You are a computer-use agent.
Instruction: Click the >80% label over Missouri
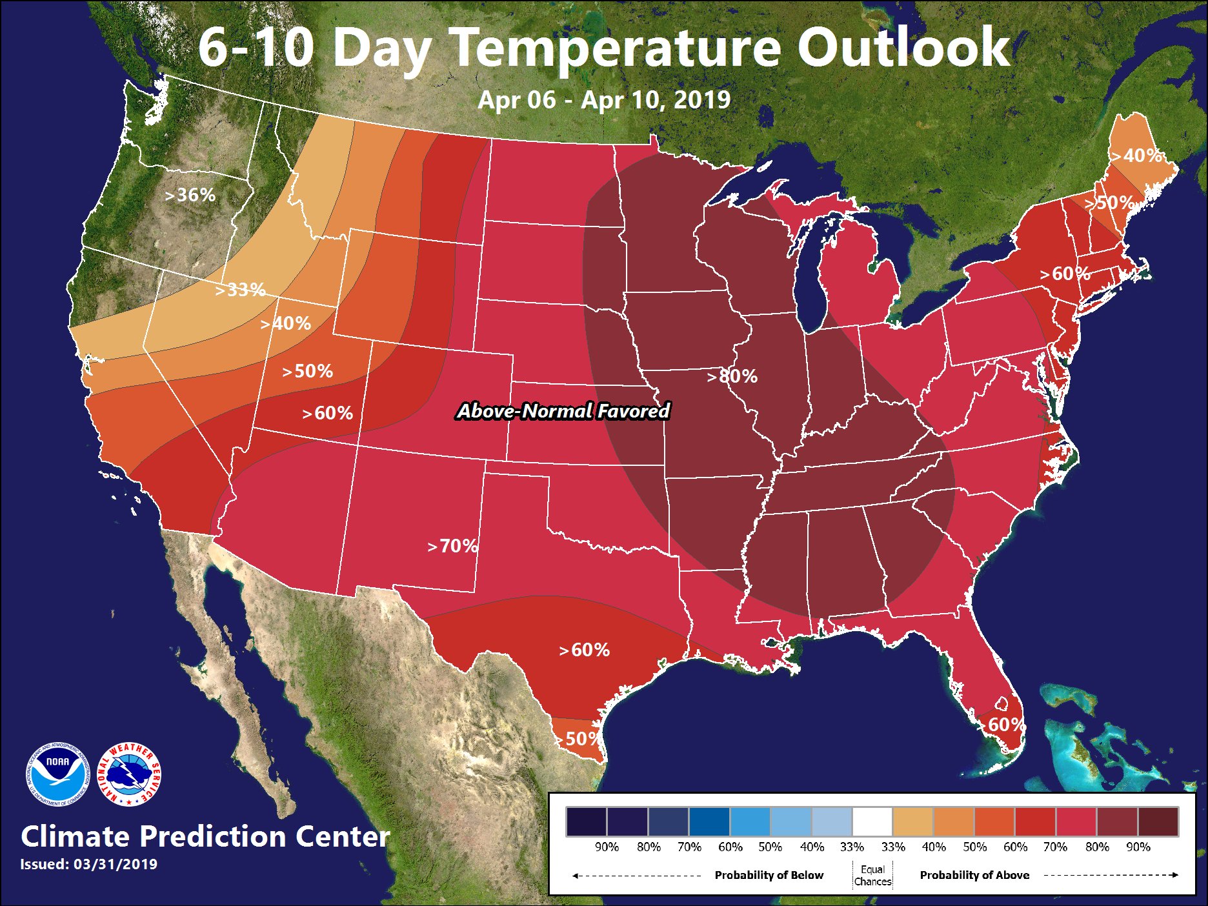click(732, 376)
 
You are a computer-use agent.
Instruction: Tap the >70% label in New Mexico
click(453, 546)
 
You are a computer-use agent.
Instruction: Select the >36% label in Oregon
click(190, 195)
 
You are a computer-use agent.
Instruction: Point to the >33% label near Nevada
click(240, 290)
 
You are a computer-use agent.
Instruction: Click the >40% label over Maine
click(1137, 156)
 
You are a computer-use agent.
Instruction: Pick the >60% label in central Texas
click(585, 650)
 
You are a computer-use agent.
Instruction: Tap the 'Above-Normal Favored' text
click(563, 411)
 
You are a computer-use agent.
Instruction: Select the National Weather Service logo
click(130, 774)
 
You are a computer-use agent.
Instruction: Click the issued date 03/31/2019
click(116, 864)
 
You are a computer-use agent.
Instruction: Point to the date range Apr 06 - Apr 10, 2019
click(604, 100)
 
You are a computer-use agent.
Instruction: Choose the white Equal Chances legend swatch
click(872, 821)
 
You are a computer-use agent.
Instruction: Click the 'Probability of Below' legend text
click(769, 875)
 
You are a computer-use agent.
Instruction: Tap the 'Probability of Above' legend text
click(974, 875)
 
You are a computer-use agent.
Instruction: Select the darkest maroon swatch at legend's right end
click(1158, 821)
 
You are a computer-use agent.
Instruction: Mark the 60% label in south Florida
click(1005, 725)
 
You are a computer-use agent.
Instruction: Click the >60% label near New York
click(1065, 274)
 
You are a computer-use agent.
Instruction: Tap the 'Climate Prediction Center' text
click(205, 836)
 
